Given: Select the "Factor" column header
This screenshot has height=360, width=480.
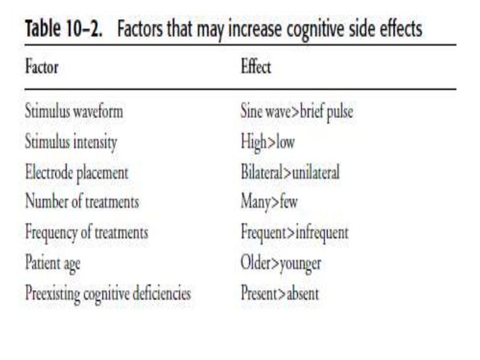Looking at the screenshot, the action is tap(42, 66).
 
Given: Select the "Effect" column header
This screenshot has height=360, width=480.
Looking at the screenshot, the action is tap(256, 66).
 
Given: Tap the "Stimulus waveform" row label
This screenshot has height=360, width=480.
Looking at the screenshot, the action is tap(74, 111).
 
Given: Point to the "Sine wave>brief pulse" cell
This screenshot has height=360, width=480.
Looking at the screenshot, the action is tap(297, 111).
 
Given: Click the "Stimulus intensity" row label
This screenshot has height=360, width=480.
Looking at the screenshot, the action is tap(71, 142).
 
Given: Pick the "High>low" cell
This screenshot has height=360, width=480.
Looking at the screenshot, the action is tap(268, 142).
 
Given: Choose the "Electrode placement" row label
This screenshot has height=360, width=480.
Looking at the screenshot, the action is tap(76, 173).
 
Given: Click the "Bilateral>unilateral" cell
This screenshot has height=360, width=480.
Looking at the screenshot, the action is tap(290, 171).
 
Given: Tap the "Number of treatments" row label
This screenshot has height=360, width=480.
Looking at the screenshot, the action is tap(82, 201).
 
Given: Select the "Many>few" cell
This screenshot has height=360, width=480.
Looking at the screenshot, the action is tap(269, 202).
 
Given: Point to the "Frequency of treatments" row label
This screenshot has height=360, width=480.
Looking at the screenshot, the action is tap(86, 233).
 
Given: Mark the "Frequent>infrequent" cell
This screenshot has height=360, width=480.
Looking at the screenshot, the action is tap(295, 233).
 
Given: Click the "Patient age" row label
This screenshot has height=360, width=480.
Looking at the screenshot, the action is tap(53, 263).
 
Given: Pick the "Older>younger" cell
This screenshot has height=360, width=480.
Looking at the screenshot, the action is tap(281, 263).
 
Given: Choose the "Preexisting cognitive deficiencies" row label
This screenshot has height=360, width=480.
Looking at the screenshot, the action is tap(108, 293).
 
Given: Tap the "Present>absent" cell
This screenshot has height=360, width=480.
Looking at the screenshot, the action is tap(280, 293).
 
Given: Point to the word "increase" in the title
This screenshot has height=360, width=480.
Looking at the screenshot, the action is tap(255, 28).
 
